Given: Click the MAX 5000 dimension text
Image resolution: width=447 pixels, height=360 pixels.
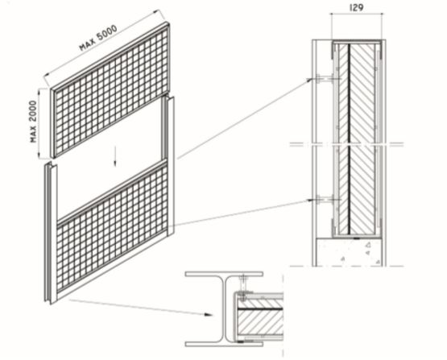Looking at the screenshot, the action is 98,39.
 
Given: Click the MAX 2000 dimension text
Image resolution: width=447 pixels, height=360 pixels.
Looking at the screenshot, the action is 34,122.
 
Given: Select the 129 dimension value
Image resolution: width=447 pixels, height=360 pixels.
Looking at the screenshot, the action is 356,8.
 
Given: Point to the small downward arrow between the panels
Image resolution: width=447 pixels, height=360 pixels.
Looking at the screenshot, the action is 115,156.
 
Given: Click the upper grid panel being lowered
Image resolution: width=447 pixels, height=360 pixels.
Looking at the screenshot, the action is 110,90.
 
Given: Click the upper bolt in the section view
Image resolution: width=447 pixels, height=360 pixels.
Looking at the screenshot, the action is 325,79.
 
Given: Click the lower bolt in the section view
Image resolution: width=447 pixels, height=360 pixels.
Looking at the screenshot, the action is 325,200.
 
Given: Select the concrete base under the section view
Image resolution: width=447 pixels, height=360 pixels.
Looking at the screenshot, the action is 350,252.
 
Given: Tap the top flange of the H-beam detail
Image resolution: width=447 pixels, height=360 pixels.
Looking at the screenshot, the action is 224,274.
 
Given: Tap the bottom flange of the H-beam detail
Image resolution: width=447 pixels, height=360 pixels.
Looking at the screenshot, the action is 224,344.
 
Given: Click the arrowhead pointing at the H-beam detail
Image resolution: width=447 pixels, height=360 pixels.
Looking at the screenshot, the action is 209,315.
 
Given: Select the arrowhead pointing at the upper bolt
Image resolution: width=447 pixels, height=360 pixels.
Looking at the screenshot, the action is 310,80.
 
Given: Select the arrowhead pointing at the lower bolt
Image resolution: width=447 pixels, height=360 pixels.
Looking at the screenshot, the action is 310,200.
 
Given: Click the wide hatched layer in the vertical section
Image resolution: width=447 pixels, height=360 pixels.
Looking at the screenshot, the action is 362,139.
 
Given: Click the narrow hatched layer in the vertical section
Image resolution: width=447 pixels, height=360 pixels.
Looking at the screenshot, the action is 344,139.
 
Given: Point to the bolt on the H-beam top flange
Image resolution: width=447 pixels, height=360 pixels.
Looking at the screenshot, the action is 242,282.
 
